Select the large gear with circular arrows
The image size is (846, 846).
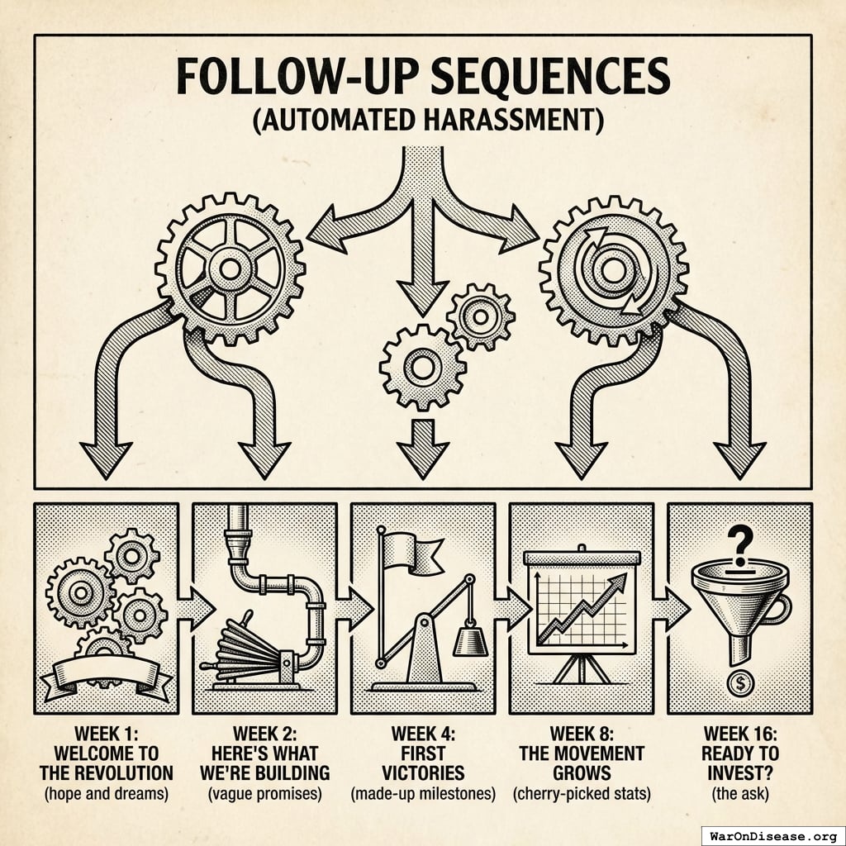coord(614,267)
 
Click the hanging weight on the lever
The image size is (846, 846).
coord(469,638)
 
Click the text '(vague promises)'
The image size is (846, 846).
coord(264,795)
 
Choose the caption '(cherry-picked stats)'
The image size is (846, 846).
coord(582,795)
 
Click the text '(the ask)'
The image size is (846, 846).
coord(740,795)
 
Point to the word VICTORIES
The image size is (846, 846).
coord(423,774)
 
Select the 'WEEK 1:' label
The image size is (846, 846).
coord(107,733)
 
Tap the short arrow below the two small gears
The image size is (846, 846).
coord(423,446)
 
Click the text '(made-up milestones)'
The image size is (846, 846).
coord(423,795)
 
